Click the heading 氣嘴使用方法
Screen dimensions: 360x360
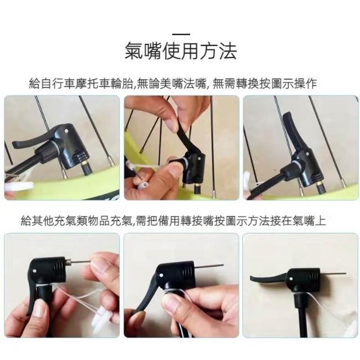coord(181,51)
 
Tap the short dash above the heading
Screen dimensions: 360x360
coord(181,34)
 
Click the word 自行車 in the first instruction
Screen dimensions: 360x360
coord(58,83)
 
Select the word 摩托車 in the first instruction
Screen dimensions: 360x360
coord(93,83)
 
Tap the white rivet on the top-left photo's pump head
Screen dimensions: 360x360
coord(66,131)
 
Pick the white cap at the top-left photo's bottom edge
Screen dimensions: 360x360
coord(20,185)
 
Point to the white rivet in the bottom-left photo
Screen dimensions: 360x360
coord(34,271)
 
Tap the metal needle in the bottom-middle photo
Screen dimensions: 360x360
coord(208,266)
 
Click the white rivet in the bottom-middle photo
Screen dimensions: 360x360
coord(161,275)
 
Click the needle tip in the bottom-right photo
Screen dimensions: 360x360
coord(345,273)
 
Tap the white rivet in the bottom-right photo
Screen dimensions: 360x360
coord(291,279)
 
